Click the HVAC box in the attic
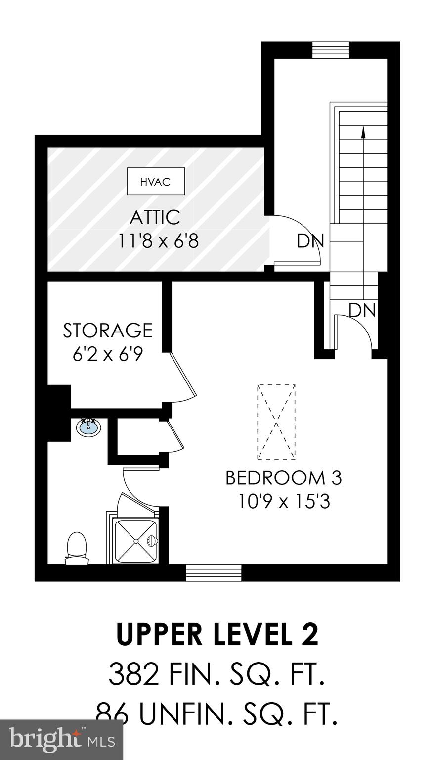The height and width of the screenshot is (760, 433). pos(156,182)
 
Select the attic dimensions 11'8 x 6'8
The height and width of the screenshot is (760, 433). pos(158,241)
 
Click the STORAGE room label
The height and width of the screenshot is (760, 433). pos(107,330)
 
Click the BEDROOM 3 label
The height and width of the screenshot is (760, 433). pos(283,478)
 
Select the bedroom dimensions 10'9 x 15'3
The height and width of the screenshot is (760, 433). pos(283,502)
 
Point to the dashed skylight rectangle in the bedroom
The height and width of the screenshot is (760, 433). pos(276,422)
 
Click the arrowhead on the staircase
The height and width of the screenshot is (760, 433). pos(363,132)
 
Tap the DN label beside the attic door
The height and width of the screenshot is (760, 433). pos(310,241)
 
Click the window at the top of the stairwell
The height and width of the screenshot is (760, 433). pos(331,50)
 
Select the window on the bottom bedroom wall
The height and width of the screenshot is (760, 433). pos(214,572)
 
